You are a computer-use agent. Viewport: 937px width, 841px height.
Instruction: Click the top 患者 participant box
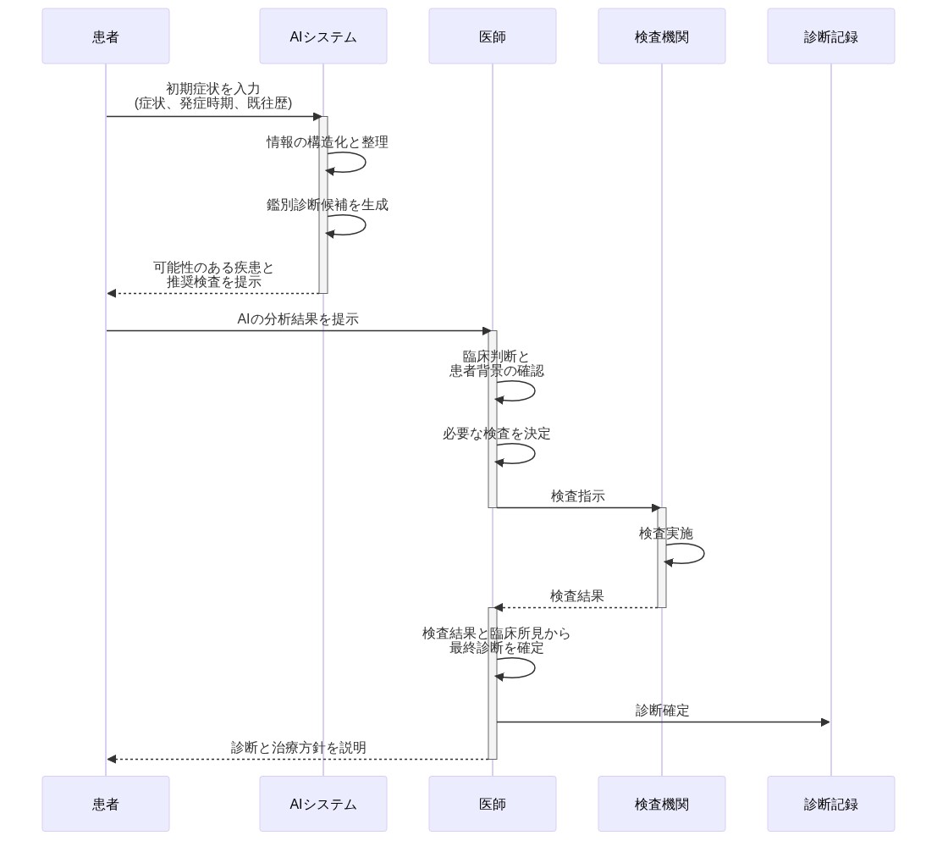point(106,36)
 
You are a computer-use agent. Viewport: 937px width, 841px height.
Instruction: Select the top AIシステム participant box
point(322,36)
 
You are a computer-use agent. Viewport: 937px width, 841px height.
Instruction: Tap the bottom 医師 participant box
point(492,804)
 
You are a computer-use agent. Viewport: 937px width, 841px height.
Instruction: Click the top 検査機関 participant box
point(661,36)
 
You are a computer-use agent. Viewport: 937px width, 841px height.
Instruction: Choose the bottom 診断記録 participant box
point(830,804)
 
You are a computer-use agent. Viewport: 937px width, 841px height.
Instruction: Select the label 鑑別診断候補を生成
point(328,205)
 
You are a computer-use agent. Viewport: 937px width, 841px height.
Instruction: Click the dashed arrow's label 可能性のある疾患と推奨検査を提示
point(213,274)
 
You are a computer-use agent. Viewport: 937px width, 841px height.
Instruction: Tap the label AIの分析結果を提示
point(298,319)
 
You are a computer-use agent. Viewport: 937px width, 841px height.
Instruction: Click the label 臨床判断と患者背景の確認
point(496,363)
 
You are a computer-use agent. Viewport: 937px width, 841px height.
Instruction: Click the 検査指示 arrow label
point(577,496)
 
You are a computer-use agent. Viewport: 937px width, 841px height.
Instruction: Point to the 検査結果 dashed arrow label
point(577,596)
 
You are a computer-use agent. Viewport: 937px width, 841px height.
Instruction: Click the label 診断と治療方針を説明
point(298,748)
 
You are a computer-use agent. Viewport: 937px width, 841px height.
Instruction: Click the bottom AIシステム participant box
point(322,804)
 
